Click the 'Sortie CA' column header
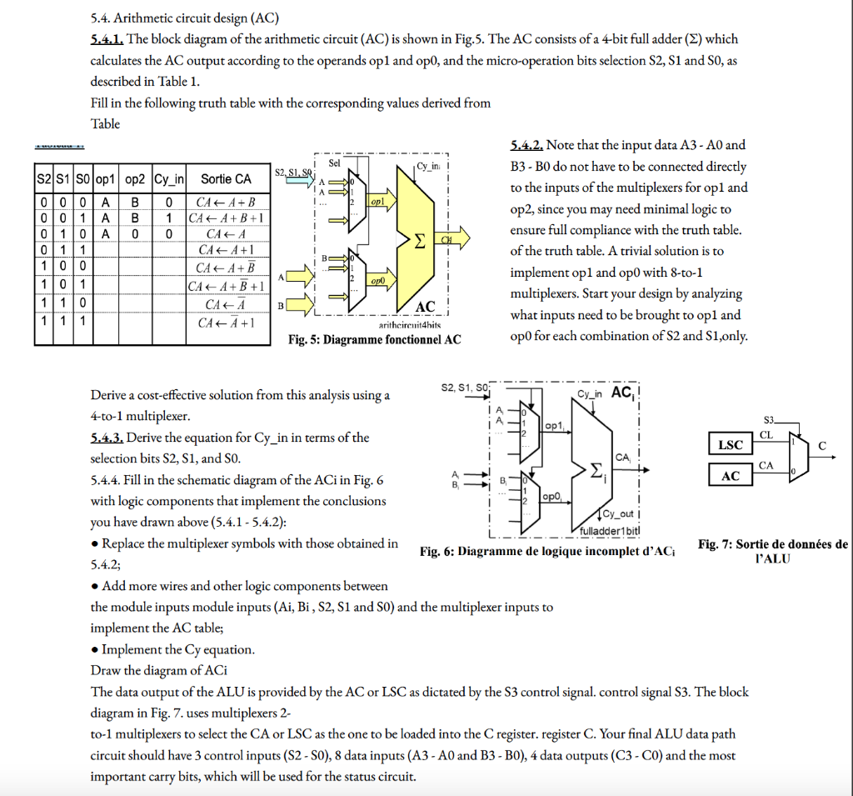[x=226, y=178]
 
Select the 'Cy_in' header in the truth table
[x=169, y=178]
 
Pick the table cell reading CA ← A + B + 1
[x=226, y=218]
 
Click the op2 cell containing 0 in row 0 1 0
[x=134, y=233]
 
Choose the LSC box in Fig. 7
[x=731, y=444]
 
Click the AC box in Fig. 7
[x=731, y=475]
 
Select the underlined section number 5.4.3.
[x=107, y=438]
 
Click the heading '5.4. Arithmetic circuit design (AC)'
[x=185, y=18]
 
